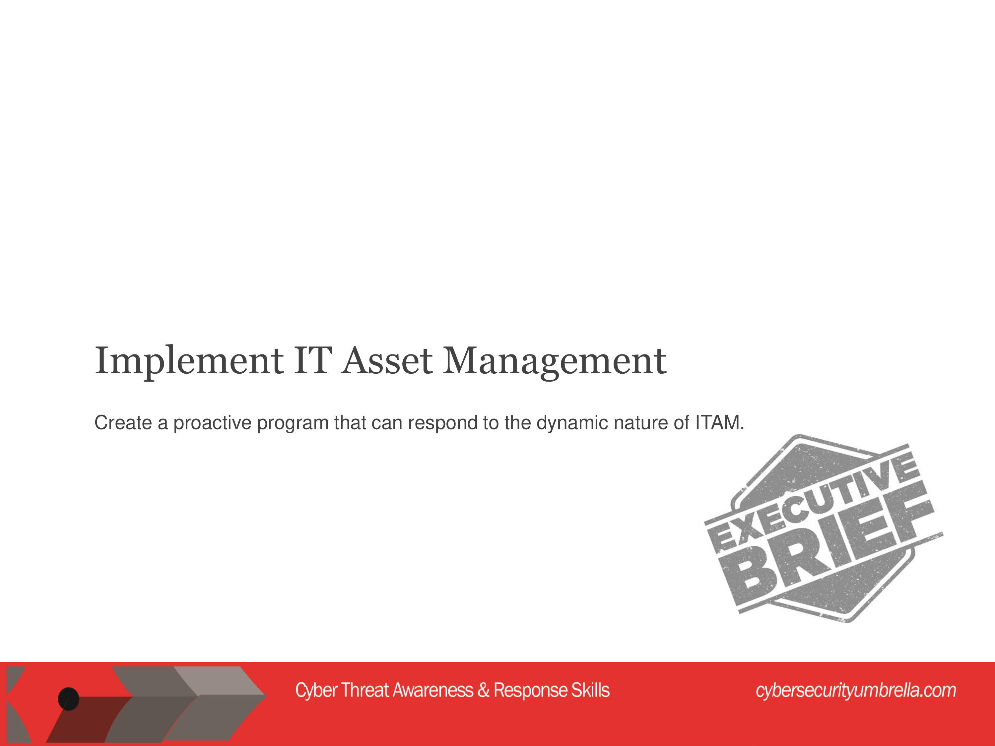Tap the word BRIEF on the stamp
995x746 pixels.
[828, 544]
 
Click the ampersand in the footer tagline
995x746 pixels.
[484, 690]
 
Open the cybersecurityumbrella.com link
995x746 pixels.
[856, 691]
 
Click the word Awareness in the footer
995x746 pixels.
[433, 690]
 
